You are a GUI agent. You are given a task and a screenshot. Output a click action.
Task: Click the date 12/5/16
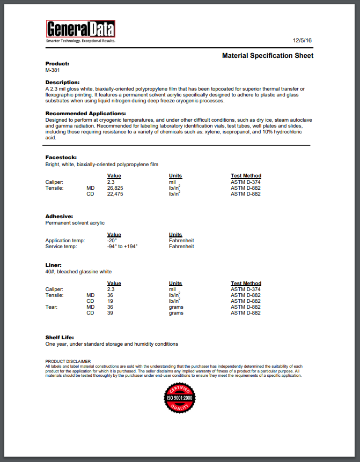[x=303, y=41]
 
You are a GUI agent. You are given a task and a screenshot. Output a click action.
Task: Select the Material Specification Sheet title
[x=268, y=56]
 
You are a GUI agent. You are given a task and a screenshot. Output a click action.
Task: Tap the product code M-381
[x=53, y=70]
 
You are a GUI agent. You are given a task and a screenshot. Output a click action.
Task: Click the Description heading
[x=62, y=82]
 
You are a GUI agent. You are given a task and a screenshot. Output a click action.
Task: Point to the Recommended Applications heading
[x=85, y=114]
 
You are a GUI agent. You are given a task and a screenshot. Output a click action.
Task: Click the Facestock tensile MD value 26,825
[x=115, y=188]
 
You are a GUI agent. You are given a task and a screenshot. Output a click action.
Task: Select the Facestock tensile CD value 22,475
[x=115, y=194]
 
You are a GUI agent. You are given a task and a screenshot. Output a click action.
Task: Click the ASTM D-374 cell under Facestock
[x=246, y=182]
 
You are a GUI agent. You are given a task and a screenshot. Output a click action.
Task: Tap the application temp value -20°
[x=112, y=241]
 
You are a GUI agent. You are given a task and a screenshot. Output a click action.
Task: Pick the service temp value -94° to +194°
[x=122, y=247]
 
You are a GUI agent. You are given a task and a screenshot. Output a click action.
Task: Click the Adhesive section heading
[x=59, y=216]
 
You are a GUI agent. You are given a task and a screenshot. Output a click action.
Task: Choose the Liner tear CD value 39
[x=110, y=313]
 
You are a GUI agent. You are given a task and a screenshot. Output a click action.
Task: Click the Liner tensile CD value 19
[x=110, y=301]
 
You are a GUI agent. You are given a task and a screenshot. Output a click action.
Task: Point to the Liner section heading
[x=54, y=265]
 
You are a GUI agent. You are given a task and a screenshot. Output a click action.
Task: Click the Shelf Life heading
[x=59, y=337]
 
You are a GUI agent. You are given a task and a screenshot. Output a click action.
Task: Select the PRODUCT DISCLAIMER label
[x=68, y=361]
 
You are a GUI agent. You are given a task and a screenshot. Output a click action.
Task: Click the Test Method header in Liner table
[x=246, y=284]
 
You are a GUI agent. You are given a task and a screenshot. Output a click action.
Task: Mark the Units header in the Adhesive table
[x=175, y=235]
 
